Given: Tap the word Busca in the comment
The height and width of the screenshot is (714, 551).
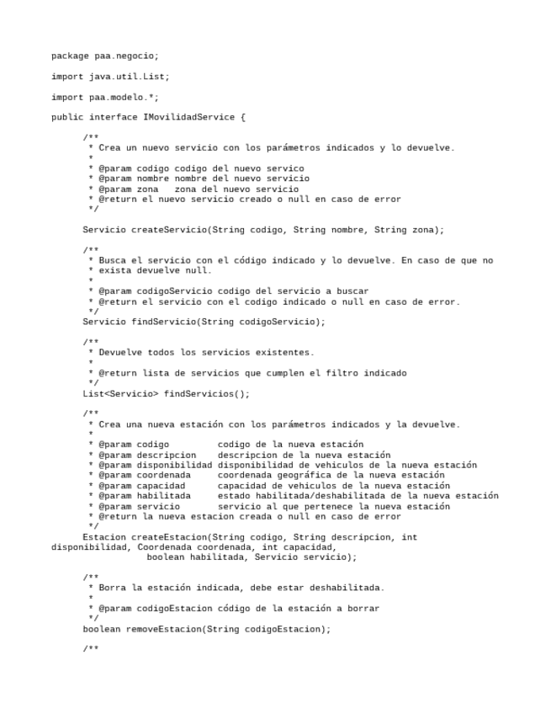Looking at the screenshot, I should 112,260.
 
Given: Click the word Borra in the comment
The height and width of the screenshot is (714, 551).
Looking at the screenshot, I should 112,587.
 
